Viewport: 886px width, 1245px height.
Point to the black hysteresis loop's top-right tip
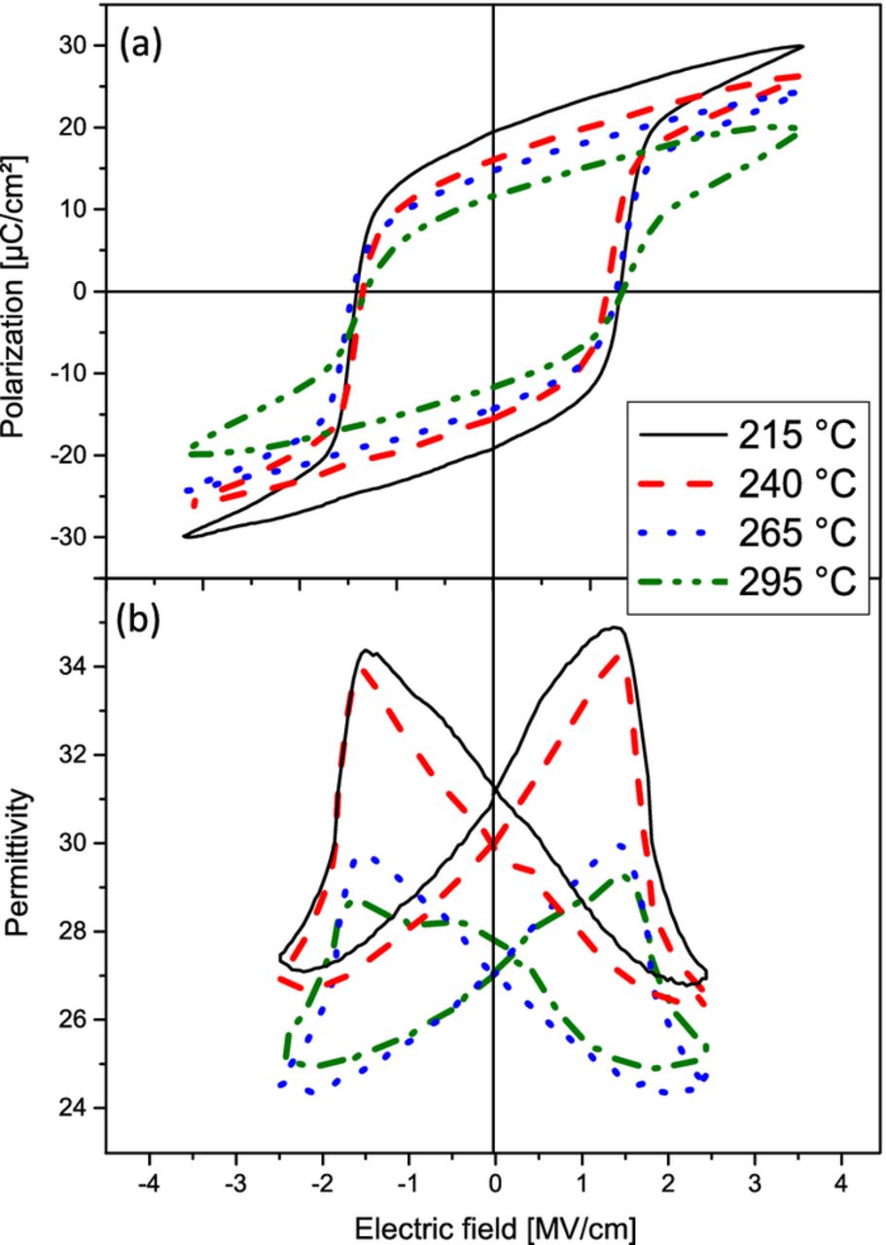(801, 46)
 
